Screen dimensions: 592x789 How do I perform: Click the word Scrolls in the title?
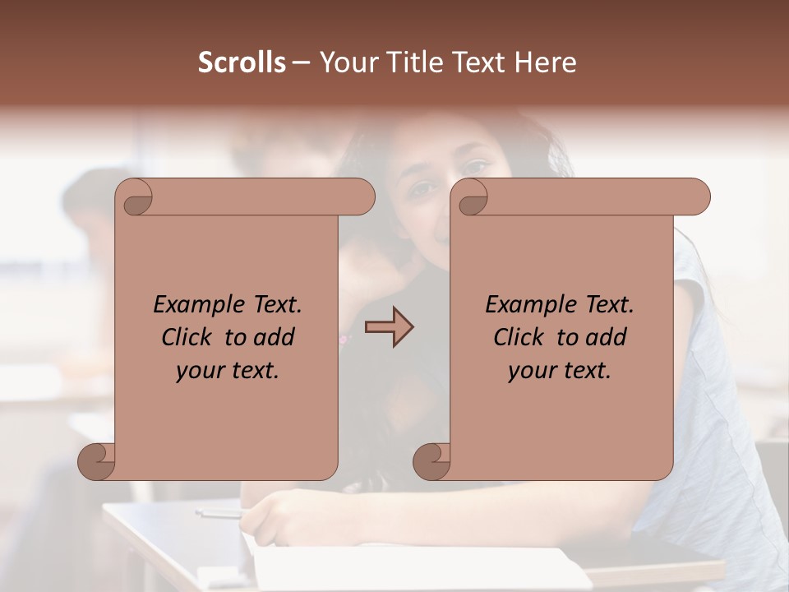click(x=242, y=62)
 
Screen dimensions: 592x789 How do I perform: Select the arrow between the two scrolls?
click(x=389, y=327)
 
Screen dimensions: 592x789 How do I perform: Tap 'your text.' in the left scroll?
click(x=227, y=371)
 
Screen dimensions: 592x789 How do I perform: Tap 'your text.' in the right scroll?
click(x=559, y=371)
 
